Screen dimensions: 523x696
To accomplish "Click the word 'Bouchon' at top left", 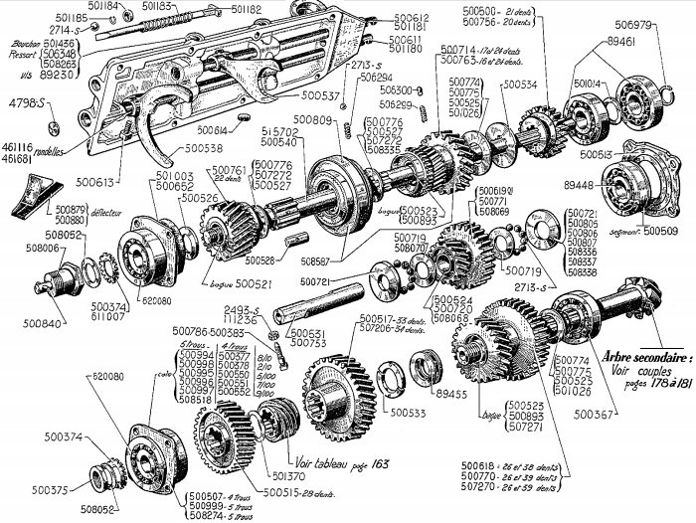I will [x=24, y=45].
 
